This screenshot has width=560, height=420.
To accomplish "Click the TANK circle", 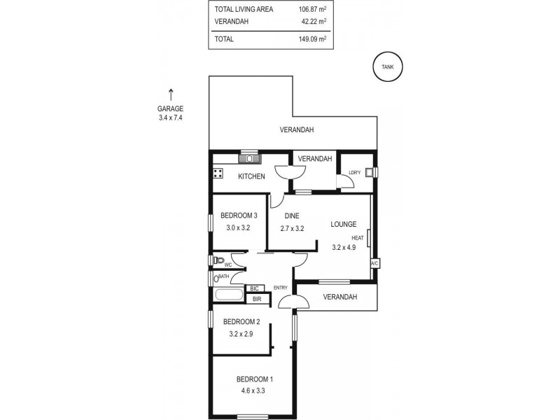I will pyautogui.click(x=387, y=67).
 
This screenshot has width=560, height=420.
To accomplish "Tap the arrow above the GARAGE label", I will pyautogui.click(x=170, y=94).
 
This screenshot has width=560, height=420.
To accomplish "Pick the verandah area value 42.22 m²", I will pyautogui.click(x=313, y=22).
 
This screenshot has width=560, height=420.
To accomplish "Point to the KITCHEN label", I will pyautogui.click(x=251, y=176).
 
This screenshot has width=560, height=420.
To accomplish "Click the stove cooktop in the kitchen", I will pyautogui.click(x=218, y=173).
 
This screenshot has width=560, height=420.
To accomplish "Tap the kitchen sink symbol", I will pyautogui.click(x=248, y=158).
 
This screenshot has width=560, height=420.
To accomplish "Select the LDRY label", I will pyautogui.click(x=354, y=173).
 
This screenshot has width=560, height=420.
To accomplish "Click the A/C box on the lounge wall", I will pyautogui.click(x=374, y=263).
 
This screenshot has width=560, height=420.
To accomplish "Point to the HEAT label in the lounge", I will pyautogui.click(x=358, y=238).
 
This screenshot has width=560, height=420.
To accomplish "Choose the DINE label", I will pyautogui.click(x=292, y=216).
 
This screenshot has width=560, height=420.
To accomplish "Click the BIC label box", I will pyautogui.click(x=255, y=288).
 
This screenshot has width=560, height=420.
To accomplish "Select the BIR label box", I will pyautogui.click(x=257, y=299).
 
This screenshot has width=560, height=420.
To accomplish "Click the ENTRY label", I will pyautogui.click(x=281, y=288).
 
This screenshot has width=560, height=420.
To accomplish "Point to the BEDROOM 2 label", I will pyautogui.click(x=241, y=322).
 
